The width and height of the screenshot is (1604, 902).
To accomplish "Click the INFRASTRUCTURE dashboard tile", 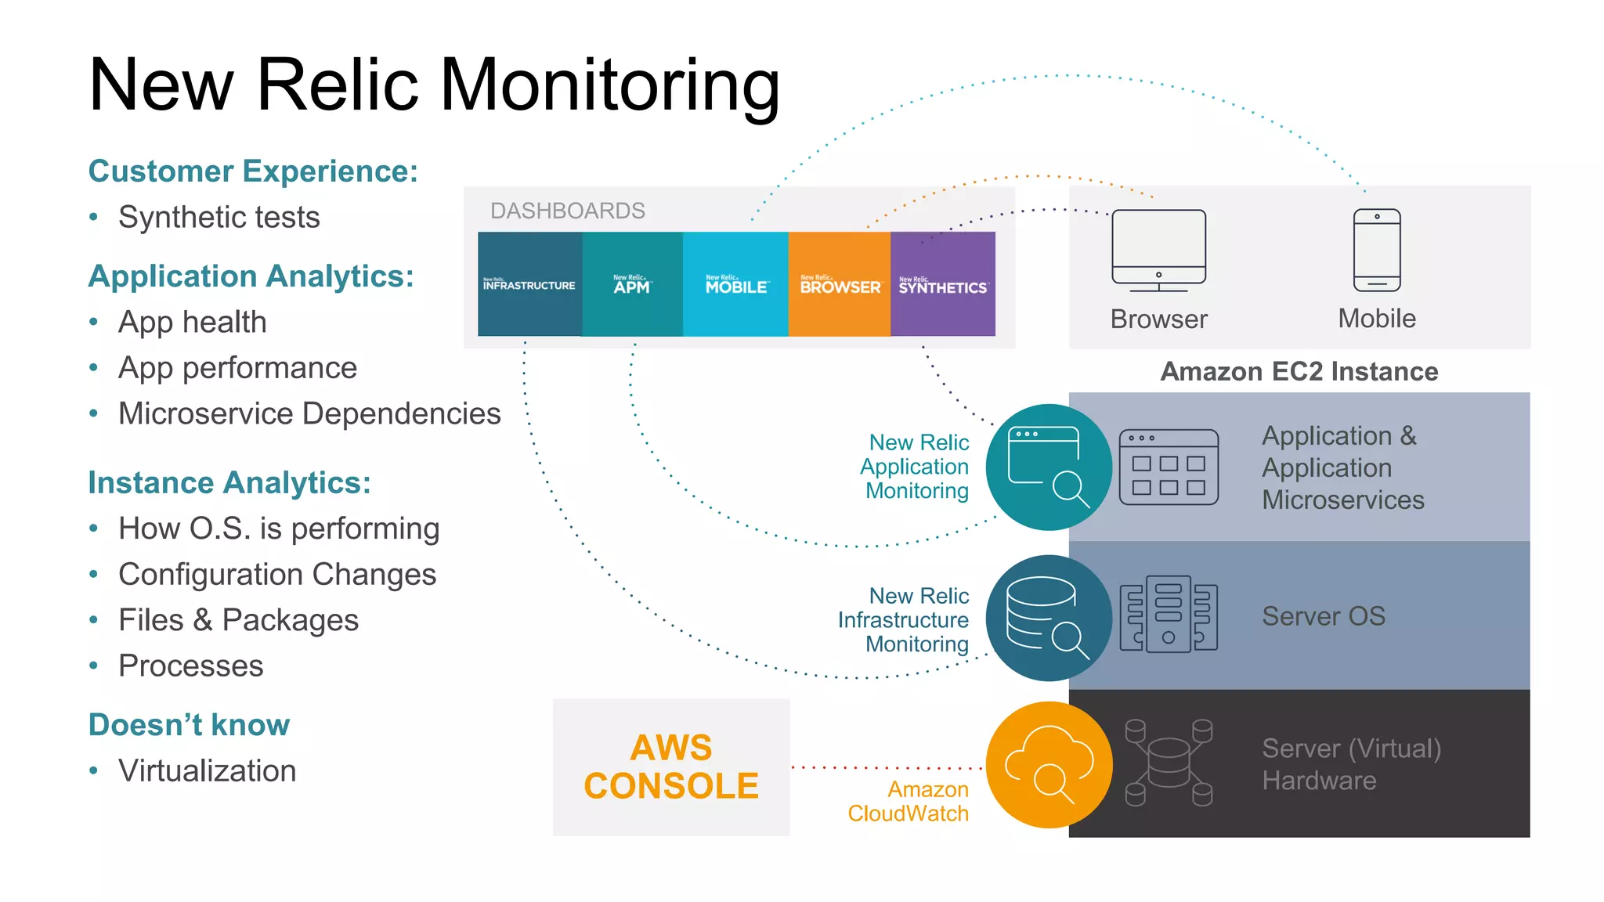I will pyautogui.click(x=529, y=284).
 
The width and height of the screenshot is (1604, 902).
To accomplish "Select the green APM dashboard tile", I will pyautogui.click(x=632, y=284).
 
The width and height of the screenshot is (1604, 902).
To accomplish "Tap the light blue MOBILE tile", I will pyautogui.click(x=735, y=284).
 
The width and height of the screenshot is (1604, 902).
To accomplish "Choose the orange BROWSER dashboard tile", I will pyautogui.click(x=840, y=284).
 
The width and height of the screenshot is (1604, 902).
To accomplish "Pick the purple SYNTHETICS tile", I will pyautogui.click(x=943, y=284).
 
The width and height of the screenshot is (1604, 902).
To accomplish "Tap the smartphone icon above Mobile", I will pyautogui.click(x=1377, y=250).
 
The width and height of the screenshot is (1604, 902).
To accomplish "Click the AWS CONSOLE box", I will pyautogui.click(x=671, y=767).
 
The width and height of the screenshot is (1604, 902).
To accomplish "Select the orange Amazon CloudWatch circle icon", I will pyautogui.click(x=1049, y=765).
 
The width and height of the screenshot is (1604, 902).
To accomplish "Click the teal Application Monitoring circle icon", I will pyautogui.click(x=1049, y=467).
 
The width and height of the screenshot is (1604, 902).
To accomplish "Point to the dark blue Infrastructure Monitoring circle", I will pyautogui.click(x=1049, y=618).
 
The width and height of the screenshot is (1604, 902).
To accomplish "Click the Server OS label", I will pyautogui.click(x=1324, y=616).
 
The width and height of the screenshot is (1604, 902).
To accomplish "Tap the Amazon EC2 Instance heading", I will pyautogui.click(x=1299, y=371).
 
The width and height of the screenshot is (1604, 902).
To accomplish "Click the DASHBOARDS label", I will pyautogui.click(x=567, y=211).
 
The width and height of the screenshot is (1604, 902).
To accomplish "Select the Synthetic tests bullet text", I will pyautogui.click(x=219, y=217).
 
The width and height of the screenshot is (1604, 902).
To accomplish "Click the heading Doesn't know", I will pyautogui.click(x=189, y=724).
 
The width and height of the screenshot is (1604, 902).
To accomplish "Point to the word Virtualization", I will pyautogui.click(x=207, y=770).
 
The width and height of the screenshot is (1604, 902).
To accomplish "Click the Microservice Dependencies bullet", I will pyautogui.click(x=309, y=413).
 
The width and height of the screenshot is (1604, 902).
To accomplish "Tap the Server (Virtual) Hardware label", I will pyautogui.click(x=1351, y=764).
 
